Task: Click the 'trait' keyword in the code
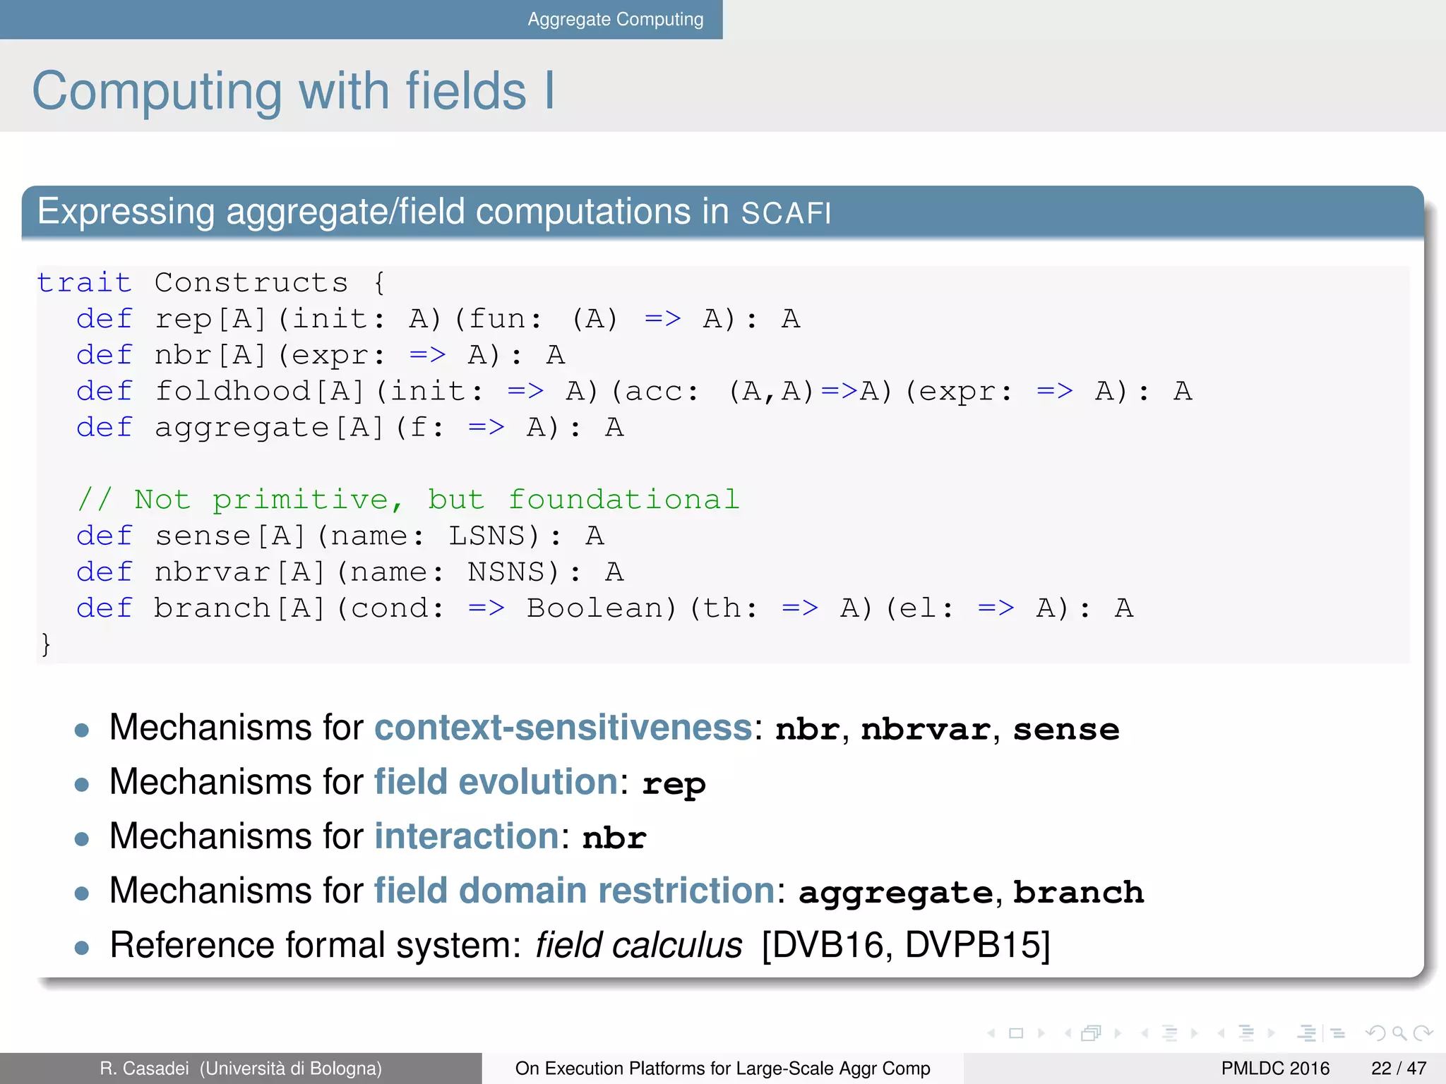[x=84, y=283]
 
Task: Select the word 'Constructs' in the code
[x=251, y=283]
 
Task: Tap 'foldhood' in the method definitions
[x=232, y=392]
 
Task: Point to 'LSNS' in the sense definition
[x=487, y=536]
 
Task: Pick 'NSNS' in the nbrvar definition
[x=506, y=572]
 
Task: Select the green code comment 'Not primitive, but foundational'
[x=408, y=500]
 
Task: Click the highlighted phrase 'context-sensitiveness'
[x=563, y=728]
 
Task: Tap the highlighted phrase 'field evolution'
[x=496, y=782]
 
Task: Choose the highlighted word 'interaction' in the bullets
[x=467, y=836]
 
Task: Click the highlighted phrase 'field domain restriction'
[x=574, y=891]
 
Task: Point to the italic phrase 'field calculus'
[x=638, y=945]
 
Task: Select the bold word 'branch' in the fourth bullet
[x=1078, y=892]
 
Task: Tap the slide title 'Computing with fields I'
[x=293, y=91]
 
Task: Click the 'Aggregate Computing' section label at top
[x=615, y=19]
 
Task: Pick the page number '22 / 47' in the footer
[x=1398, y=1068]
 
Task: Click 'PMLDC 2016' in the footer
[x=1274, y=1068]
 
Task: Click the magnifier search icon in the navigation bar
[x=1399, y=1034]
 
